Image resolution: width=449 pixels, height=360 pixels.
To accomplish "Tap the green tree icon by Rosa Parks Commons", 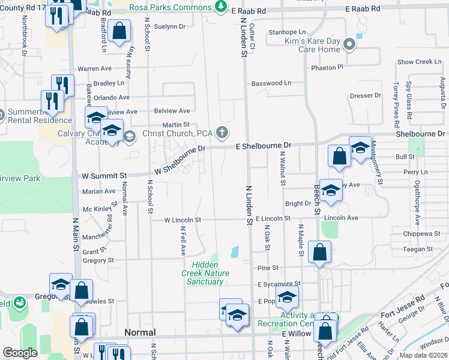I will coord(221,7).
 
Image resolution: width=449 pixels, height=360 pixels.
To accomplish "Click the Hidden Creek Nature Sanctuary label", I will coord(205,273).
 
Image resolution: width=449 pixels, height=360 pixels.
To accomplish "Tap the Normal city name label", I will coord(139,332).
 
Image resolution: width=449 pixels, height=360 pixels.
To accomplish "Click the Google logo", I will coord(20,353).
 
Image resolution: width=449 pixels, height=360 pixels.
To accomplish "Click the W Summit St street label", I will coord(104,176).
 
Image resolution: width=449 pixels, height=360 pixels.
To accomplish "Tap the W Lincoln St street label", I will coord(183,220).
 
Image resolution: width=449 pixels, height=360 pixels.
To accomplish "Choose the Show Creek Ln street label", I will coord(419,62).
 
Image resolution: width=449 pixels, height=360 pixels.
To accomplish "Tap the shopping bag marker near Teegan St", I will coord(319,251).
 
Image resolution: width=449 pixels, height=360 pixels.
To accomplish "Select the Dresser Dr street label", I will coord(366,95).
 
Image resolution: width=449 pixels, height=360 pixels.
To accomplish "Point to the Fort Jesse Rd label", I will coord(402,306).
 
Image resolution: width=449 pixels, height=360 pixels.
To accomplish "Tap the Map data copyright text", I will coord(423,355).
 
